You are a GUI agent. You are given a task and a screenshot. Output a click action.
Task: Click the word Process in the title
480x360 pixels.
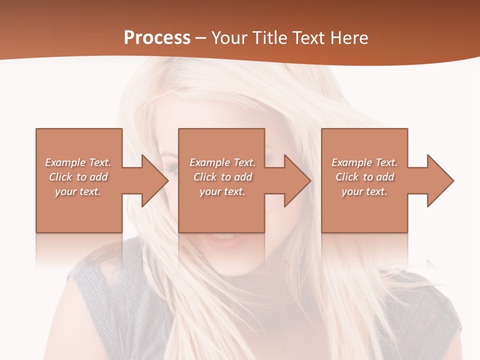(157, 38)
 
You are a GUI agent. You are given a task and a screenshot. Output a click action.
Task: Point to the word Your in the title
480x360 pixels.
(228, 38)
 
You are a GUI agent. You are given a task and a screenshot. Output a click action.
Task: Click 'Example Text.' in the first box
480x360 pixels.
(78, 162)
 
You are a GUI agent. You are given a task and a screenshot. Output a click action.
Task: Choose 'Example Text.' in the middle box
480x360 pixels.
(222, 162)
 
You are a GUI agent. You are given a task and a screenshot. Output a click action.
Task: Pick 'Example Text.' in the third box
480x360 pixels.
(364, 162)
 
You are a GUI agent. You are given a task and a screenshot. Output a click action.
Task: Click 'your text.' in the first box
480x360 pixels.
(78, 191)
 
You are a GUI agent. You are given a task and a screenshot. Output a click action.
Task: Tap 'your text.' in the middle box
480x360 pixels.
(222, 191)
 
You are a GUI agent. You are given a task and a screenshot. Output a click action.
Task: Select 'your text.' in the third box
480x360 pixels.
(364, 191)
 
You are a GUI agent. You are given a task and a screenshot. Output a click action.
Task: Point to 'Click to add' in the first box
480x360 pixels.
(78, 177)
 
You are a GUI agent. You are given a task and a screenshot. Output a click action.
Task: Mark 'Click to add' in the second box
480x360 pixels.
(222, 177)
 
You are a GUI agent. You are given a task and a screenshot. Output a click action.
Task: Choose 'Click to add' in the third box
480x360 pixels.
(364, 177)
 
